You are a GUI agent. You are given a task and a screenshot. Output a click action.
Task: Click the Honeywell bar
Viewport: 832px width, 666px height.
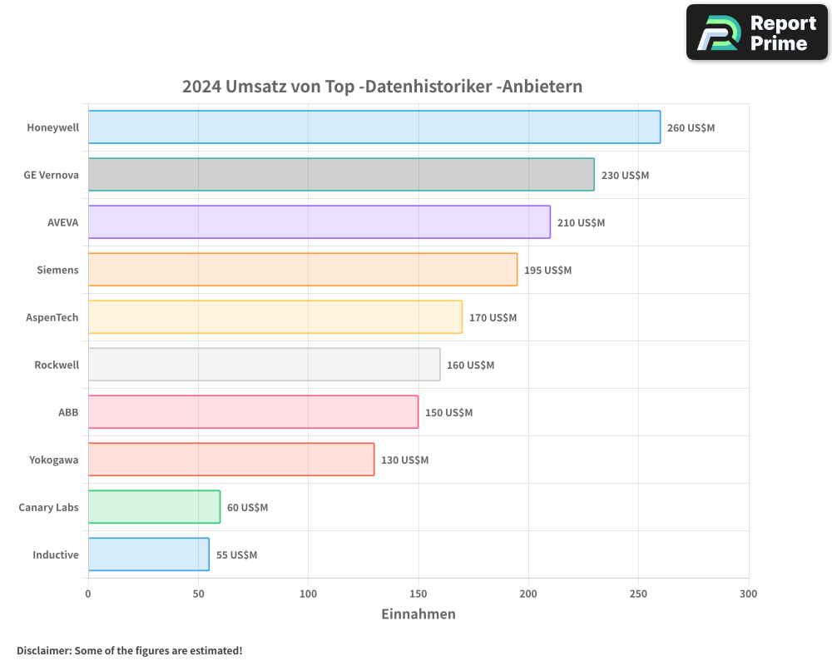374,127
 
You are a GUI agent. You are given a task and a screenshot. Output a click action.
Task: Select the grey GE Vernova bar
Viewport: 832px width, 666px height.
341,175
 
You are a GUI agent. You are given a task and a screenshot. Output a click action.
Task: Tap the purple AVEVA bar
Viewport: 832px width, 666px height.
319,222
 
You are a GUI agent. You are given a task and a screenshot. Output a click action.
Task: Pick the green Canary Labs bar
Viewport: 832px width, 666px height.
154,507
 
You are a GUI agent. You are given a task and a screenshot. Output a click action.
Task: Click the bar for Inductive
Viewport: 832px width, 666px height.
148,554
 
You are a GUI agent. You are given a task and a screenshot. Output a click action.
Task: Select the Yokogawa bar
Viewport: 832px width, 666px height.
231,460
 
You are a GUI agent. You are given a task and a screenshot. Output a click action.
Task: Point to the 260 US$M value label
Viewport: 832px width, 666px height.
691,128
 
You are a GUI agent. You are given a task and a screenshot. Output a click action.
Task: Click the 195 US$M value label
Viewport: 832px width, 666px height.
547,271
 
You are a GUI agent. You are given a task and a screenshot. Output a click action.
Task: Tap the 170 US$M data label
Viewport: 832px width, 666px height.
493,318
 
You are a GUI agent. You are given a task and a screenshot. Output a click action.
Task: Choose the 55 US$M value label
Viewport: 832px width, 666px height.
236,555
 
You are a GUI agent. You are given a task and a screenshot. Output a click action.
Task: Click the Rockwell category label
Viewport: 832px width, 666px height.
57,365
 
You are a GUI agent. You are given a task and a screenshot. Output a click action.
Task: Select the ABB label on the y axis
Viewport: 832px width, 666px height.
68,412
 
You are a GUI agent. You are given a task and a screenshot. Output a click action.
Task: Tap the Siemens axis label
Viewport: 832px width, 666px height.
57,270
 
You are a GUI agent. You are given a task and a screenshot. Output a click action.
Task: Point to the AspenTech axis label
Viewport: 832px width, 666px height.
52,317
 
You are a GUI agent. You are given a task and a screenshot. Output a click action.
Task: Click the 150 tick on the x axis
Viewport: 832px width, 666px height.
418,594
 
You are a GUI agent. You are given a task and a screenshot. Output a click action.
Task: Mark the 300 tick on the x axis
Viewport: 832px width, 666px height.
748,594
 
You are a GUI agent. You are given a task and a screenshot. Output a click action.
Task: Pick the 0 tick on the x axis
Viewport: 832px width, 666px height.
88,594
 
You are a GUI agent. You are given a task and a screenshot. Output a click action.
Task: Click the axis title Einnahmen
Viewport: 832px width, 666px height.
418,614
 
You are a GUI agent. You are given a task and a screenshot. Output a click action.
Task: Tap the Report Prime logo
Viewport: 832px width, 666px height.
756,32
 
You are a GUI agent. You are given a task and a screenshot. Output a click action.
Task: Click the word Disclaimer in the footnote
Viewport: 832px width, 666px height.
42,650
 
